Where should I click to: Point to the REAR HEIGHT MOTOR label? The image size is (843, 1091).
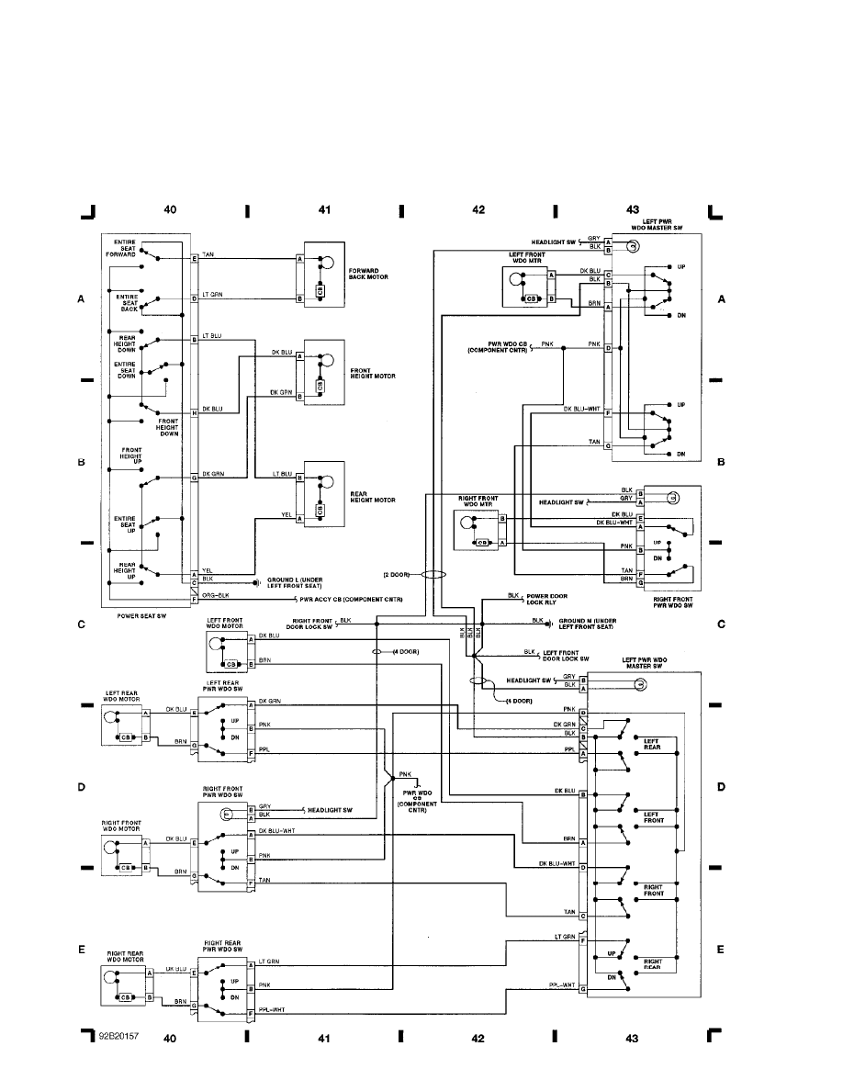372,497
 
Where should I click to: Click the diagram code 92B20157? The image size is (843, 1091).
119,1035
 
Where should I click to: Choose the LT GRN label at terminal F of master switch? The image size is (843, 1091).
565,937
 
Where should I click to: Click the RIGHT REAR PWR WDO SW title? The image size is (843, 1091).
223,946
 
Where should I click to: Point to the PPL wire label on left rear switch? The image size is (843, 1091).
266,748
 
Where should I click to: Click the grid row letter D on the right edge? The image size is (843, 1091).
721,787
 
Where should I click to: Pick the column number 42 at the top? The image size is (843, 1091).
478,209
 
